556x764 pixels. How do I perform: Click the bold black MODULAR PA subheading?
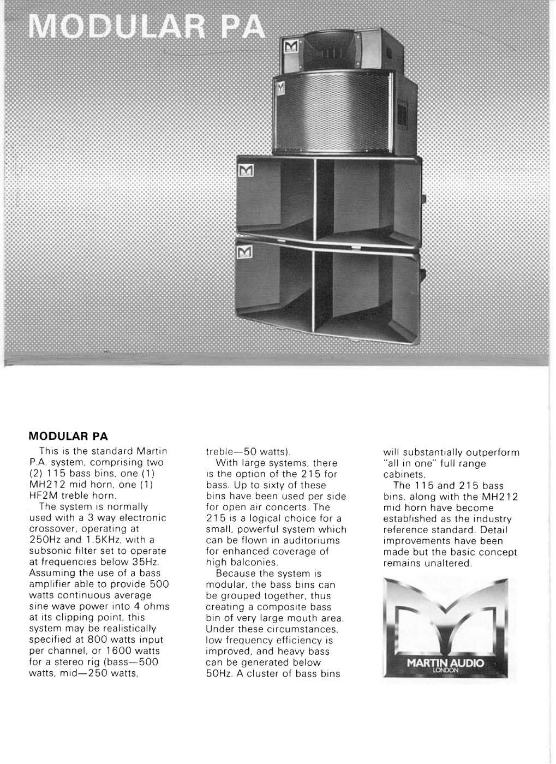(68, 437)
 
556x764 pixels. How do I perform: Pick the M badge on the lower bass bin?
(246, 252)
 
